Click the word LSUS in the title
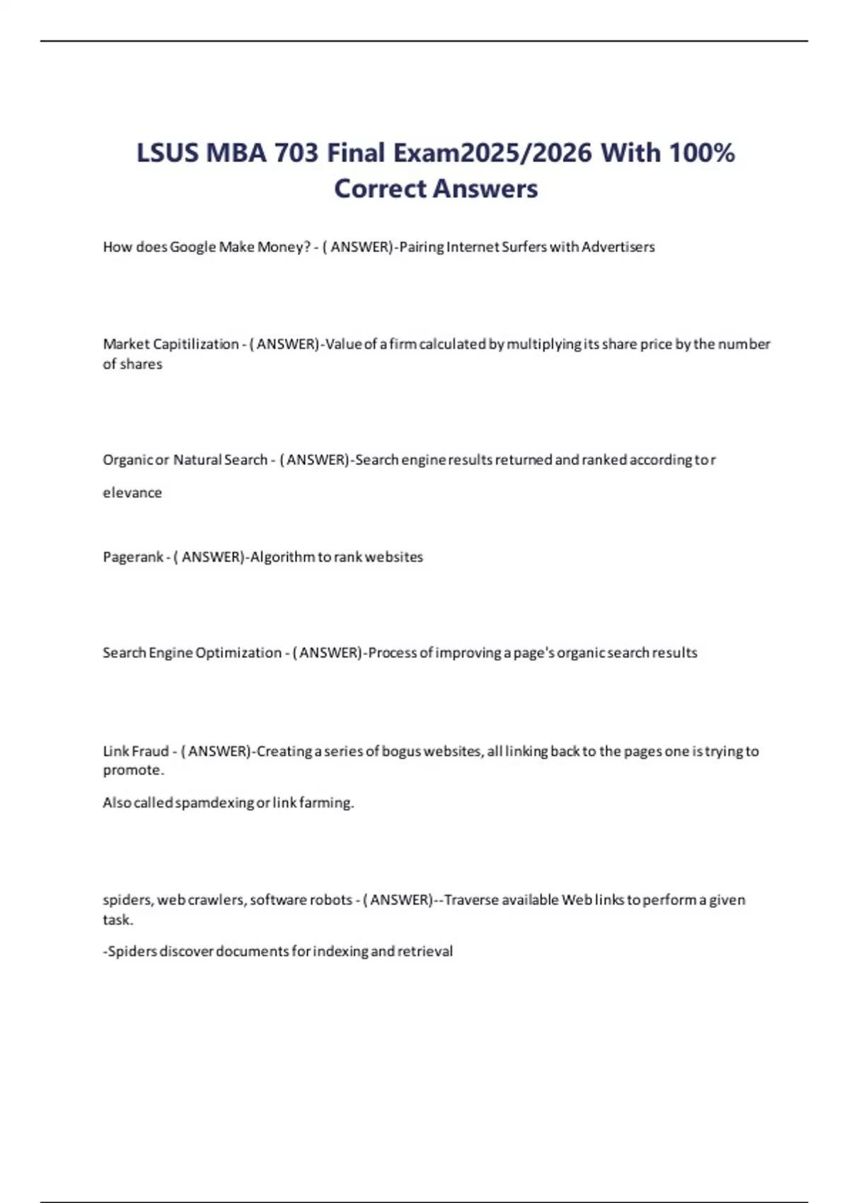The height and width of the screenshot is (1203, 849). [167, 153]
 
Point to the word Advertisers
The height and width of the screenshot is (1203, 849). [618, 247]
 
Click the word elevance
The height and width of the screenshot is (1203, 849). [132, 493]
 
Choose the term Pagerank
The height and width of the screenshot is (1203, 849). [133, 557]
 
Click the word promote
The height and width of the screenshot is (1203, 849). [132, 770]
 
